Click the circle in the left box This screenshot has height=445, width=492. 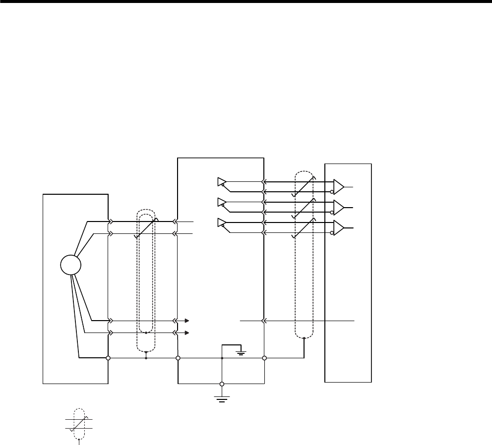click(70, 265)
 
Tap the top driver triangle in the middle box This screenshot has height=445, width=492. click(221, 182)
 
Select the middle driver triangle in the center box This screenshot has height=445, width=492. click(221, 202)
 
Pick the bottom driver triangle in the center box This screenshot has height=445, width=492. click(221, 223)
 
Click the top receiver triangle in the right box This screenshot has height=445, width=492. click(339, 187)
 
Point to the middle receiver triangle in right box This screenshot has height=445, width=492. click(339, 207)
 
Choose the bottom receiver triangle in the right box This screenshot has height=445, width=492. click(339, 227)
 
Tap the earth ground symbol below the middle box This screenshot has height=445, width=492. click(222, 398)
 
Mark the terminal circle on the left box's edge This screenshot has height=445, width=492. click(108, 358)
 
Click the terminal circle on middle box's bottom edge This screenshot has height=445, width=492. click(222, 384)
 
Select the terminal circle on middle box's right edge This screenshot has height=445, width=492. click(264, 358)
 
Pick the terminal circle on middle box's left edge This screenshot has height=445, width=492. click(178, 358)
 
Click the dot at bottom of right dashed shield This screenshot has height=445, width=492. click(304, 339)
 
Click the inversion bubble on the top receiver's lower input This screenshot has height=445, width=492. click(332, 192)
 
